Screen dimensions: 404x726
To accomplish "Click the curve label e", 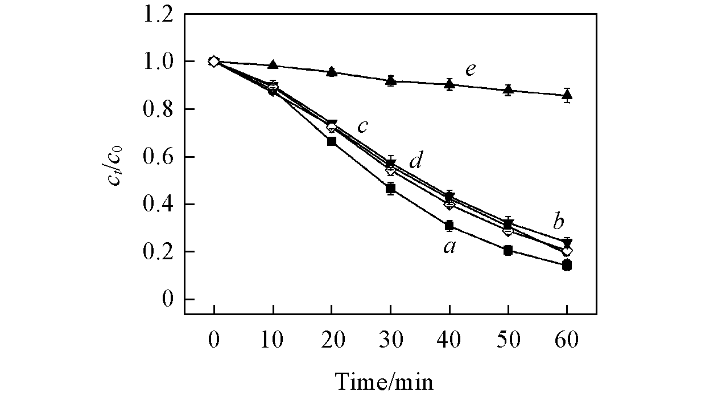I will (x=470, y=70).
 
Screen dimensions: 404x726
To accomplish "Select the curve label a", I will (x=449, y=247).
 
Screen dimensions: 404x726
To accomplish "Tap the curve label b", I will (x=559, y=221).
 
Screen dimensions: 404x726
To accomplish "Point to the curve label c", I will (x=363, y=126).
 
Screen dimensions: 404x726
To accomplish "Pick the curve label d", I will (x=416, y=162).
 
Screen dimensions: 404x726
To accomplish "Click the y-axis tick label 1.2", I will (x=159, y=14).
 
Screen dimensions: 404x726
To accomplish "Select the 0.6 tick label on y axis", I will (x=159, y=157).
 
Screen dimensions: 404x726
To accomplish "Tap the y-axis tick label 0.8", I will (x=159, y=109).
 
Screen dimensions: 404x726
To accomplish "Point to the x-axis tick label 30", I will (x=390, y=340).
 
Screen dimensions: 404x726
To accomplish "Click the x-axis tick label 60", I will (x=567, y=340).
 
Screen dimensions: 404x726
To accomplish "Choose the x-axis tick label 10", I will (x=273, y=340).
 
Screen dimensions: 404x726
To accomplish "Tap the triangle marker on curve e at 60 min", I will (x=567, y=95).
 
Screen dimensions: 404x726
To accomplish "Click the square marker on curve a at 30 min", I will (x=390, y=189).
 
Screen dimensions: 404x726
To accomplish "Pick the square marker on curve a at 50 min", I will (x=508, y=250).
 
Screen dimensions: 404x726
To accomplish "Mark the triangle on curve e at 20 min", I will (x=332, y=72).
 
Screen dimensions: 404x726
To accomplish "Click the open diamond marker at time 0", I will (x=213, y=62).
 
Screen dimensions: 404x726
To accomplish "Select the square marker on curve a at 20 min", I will (x=332, y=141).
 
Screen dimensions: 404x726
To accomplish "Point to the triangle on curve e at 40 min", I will (x=449, y=84).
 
